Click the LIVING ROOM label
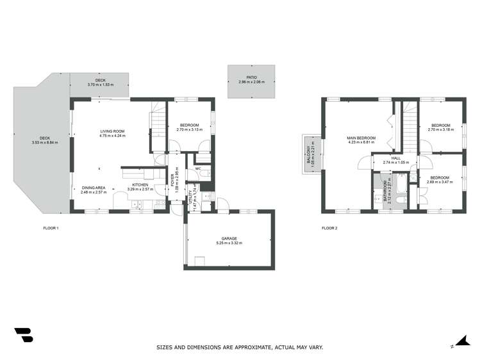tap(112, 131)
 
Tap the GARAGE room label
tap(229, 238)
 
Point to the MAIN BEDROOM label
tap(361, 138)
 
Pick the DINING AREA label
tap(93, 188)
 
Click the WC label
tap(198, 169)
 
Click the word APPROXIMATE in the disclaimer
tap(241, 347)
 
